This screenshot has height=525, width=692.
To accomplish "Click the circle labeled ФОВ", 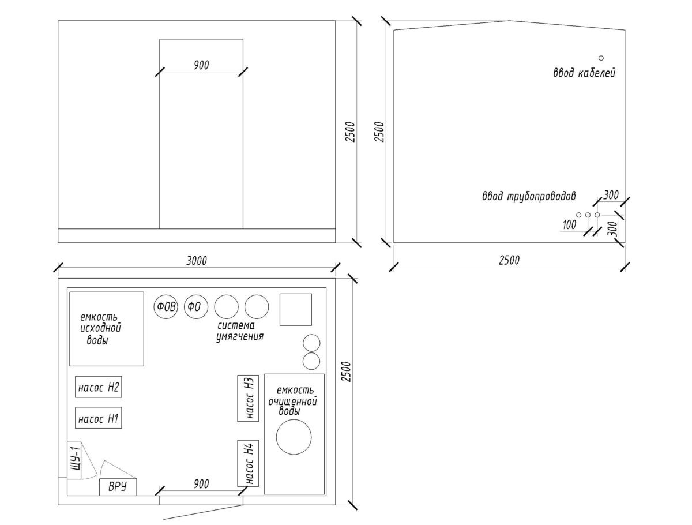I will tap(166, 306).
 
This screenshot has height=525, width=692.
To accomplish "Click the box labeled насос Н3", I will tap(249, 397).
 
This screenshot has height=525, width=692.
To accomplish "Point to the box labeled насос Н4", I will tap(249, 463).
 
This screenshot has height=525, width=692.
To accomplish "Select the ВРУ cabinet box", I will tap(118, 487).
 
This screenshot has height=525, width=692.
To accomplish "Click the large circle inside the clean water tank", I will tap(294, 437).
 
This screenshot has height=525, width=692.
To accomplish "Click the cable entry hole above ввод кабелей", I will tap(601, 58).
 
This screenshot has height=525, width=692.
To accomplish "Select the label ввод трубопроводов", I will tap(529, 196).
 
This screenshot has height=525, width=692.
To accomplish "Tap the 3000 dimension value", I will tap(196, 261).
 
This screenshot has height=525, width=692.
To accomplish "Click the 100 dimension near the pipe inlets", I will tap(569, 225).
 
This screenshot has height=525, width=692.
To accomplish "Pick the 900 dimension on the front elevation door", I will tap(201, 65).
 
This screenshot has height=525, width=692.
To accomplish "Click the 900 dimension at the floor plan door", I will tap(201, 484).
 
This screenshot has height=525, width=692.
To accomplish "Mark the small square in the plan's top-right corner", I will tap(295, 309).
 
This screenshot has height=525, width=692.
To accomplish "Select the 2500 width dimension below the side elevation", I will tap(509, 260).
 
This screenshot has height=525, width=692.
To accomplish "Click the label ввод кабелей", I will tap(584, 73).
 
